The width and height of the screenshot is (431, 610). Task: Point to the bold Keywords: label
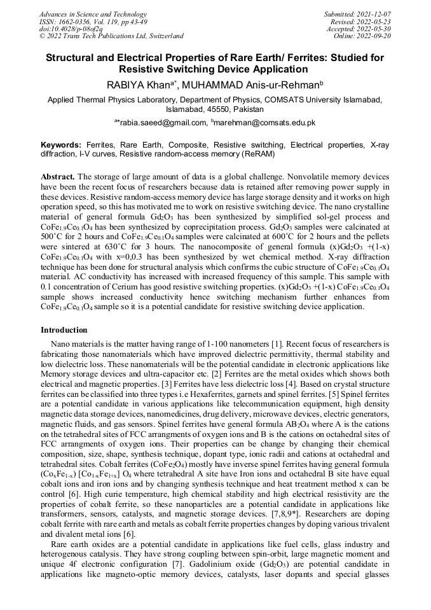62,145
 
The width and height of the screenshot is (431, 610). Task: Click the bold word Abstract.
57,176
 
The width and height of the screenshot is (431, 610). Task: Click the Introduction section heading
64,329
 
